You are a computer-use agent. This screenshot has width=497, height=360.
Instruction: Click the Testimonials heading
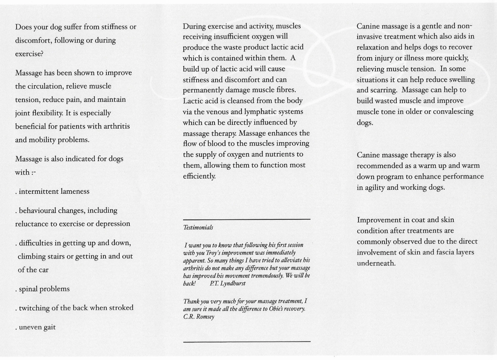click(x=198, y=227)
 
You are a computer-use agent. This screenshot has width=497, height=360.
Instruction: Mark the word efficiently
click(x=199, y=176)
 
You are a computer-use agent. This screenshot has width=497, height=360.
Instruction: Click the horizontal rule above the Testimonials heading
click(x=246, y=219)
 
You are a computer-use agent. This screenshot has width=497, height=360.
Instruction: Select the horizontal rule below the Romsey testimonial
click(x=246, y=341)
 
